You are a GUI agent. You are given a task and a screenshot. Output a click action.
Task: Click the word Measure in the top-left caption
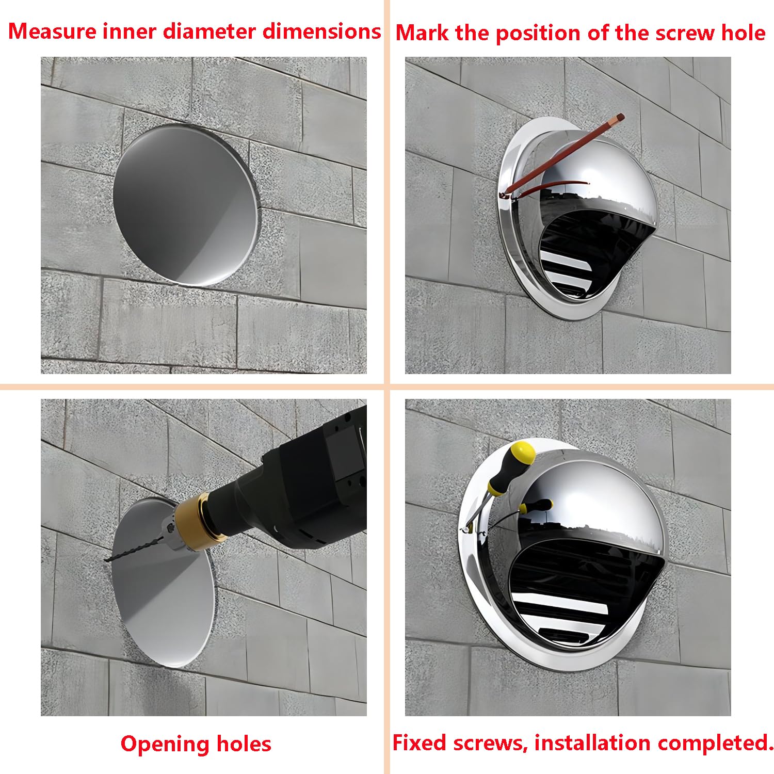coord(53,31)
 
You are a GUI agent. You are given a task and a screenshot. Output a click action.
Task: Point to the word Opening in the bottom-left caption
coord(165,745)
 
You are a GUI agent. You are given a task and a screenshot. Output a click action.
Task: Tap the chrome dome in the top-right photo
coord(599,175)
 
